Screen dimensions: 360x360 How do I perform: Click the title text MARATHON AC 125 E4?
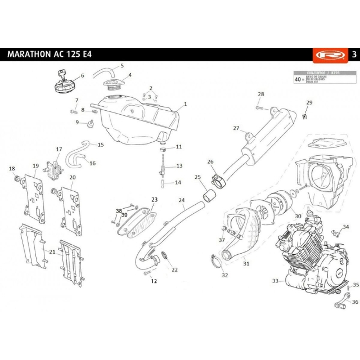[x=49, y=55]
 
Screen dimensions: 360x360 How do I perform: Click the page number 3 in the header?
[x=353, y=55]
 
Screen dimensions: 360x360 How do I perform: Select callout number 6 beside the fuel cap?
[x=82, y=75]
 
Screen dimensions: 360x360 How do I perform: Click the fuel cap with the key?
[x=62, y=83]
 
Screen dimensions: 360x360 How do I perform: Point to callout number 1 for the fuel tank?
[x=185, y=104]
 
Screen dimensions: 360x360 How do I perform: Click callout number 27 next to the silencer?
[x=236, y=128]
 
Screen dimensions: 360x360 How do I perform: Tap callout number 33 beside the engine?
[x=275, y=280]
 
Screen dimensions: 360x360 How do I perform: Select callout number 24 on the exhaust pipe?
[x=182, y=200]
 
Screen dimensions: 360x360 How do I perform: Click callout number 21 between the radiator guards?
[x=52, y=251]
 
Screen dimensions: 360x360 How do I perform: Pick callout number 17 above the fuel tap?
[x=58, y=149]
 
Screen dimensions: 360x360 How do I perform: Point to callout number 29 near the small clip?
[x=309, y=102]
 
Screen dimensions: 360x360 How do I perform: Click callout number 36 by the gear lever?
[x=354, y=302]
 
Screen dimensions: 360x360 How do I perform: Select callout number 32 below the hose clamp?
[x=224, y=275]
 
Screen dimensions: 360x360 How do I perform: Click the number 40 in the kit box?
[x=298, y=80]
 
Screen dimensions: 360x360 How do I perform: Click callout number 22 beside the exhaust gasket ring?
[x=174, y=269]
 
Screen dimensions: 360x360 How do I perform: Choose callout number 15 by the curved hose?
[x=101, y=145]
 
